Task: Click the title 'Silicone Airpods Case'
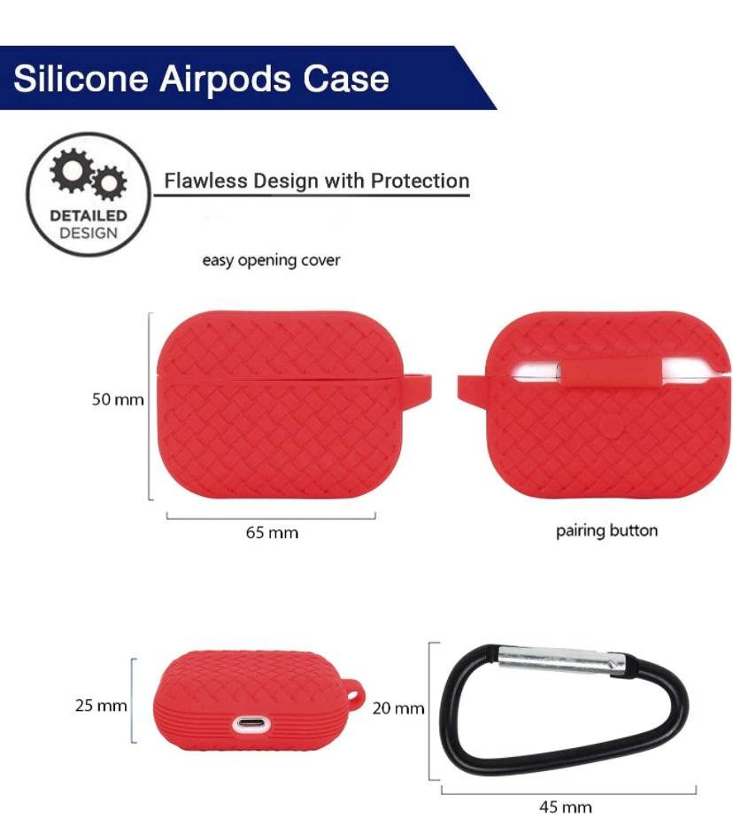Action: click(x=201, y=78)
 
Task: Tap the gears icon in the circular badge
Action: click(x=88, y=176)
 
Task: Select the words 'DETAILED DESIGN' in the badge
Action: click(x=88, y=224)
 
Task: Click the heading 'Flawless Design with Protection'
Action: click(x=316, y=181)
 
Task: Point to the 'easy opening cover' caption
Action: click(x=271, y=260)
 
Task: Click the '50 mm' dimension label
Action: click(x=118, y=400)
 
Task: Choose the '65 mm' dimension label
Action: click(x=272, y=533)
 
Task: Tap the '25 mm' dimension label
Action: click(x=101, y=706)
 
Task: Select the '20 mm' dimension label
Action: click(x=397, y=708)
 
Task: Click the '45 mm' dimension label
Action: click(x=566, y=807)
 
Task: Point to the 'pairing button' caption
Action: click(x=606, y=531)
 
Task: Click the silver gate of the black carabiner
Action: click(x=559, y=659)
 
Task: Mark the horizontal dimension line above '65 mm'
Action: click(x=271, y=516)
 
